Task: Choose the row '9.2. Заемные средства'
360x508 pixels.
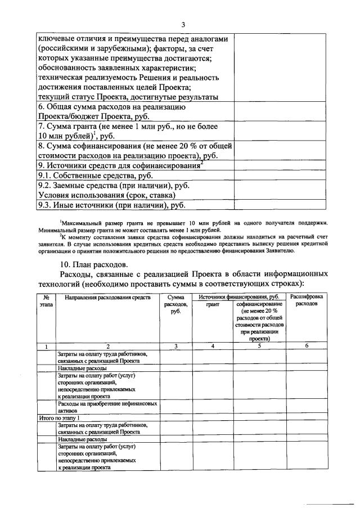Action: click(x=113, y=190)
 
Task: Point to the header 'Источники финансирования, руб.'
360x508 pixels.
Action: click(x=239, y=296)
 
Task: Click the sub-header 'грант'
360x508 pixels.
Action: click(x=213, y=304)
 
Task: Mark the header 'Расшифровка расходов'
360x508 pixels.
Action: click(x=307, y=300)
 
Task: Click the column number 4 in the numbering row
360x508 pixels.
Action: click(x=213, y=346)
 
